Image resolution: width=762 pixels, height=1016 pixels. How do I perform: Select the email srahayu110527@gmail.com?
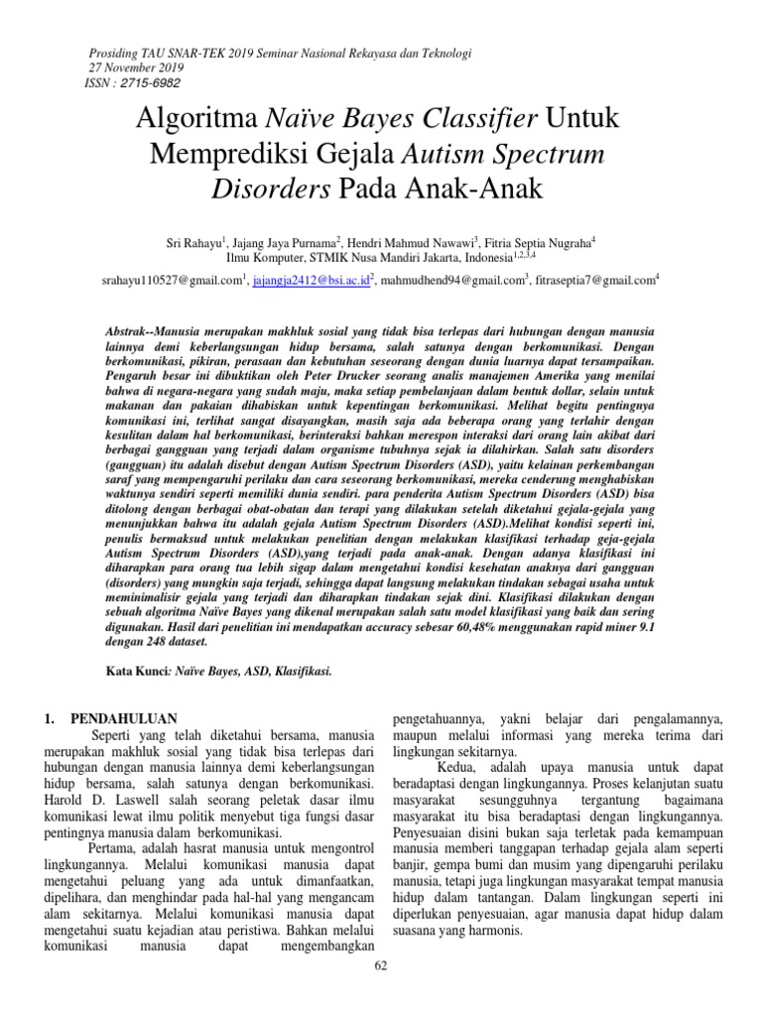coord(173,281)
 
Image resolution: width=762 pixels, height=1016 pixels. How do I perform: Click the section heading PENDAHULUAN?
coord(124,718)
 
